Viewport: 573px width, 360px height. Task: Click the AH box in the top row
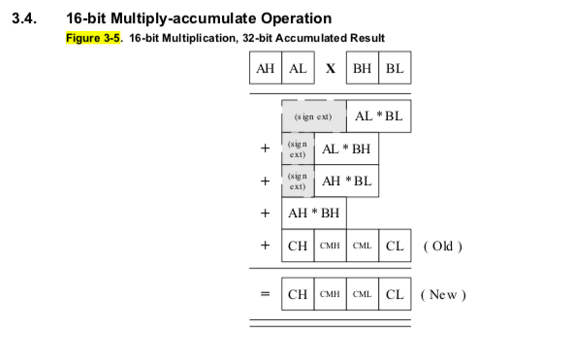(x=265, y=70)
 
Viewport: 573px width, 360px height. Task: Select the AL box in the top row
(x=298, y=70)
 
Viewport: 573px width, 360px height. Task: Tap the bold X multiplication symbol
(x=331, y=70)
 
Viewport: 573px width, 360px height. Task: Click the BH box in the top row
(x=362, y=70)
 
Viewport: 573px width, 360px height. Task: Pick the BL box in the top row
(x=395, y=70)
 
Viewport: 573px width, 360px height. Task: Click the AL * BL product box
(x=378, y=116)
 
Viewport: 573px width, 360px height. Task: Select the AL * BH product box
(x=346, y=148)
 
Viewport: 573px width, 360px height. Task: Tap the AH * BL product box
(x=346, y=180)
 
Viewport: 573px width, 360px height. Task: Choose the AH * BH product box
(x=314, y=213)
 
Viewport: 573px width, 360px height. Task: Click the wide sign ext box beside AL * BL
(x=313, y=116)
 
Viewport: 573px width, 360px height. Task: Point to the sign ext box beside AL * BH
(x=298, y=148)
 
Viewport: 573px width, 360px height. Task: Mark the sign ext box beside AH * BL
(x=298, y=180)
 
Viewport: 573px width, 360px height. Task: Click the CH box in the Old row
(x=298, y=245)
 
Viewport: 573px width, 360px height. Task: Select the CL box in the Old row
(x=395, y=245)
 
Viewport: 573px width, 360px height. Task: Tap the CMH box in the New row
(x=330, y=293)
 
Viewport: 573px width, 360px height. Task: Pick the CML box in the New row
(x=362, y=293)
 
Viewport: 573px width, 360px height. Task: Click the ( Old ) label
(x=443, y=245)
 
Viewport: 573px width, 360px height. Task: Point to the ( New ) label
(x=445, y=293)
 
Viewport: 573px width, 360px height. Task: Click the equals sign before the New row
(x=264, y=293)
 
